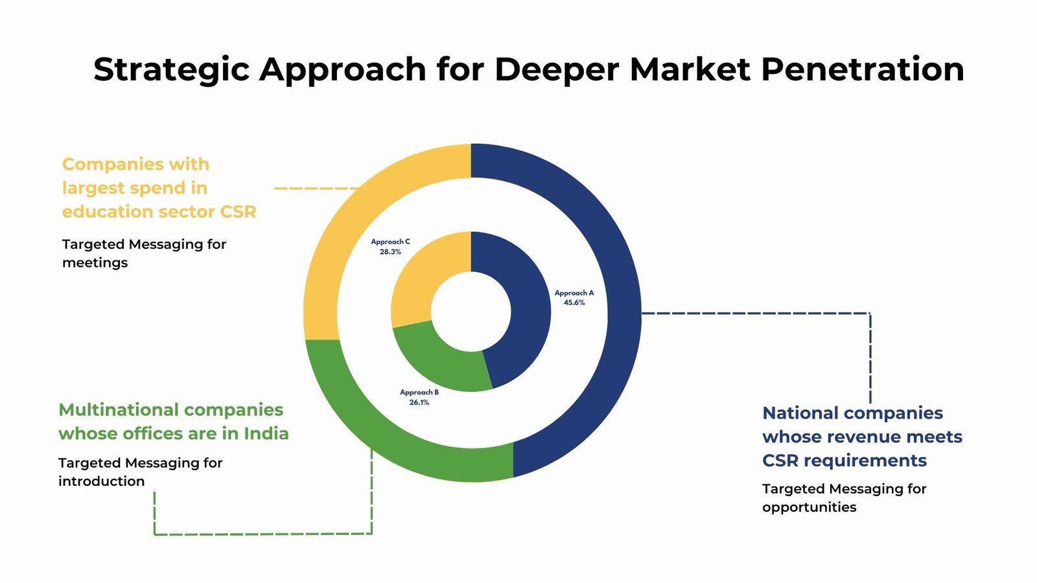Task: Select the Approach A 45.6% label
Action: coord(574,298)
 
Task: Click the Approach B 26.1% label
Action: coord(419,397)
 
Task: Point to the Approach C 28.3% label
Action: coord(390,247)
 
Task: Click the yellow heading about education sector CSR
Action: coord(159,188)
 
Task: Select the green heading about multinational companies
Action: coord(173,422)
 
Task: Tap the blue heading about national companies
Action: coord(862,437)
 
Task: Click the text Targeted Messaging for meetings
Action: coord(144,253)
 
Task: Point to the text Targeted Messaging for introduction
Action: coord(140,472)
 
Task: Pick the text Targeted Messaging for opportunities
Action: coord(844,497)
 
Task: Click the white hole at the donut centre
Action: coord(471,312)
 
